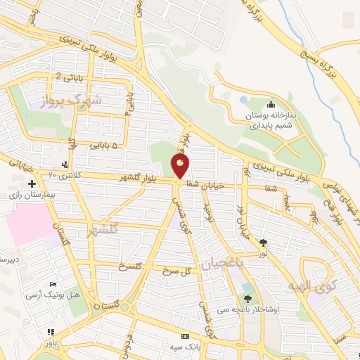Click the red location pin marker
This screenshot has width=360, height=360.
click(x=180, y=166)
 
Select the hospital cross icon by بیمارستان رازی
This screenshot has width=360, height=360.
click(x=32, y=184)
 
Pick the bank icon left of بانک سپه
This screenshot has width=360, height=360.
click(x=185, y=337)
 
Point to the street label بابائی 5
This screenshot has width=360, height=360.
click(x=94, y=146)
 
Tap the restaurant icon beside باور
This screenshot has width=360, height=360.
click(x=50, y=332)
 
